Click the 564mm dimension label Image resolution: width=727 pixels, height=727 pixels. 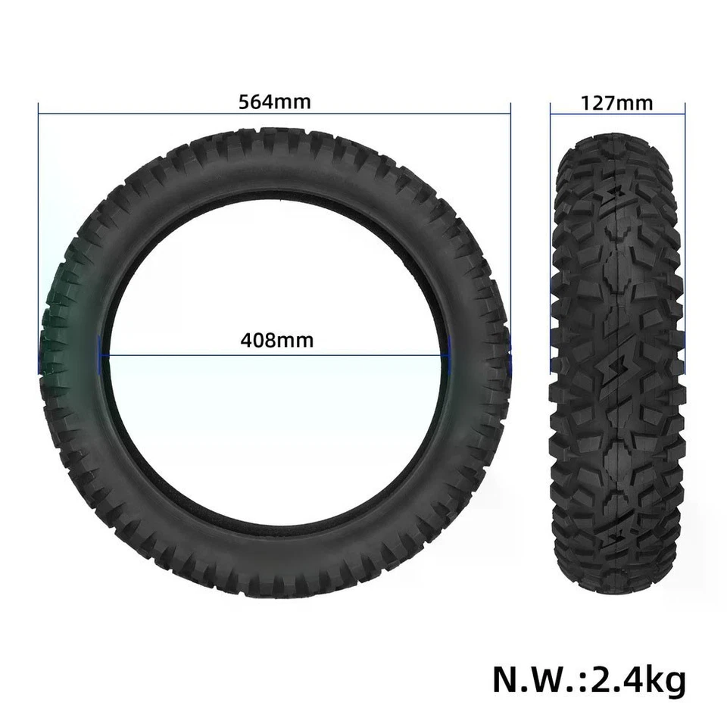click(x=275, y=101)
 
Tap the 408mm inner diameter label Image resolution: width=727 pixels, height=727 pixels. click(x=276, y=340)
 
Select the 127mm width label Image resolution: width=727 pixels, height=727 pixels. click(x=616, y=103)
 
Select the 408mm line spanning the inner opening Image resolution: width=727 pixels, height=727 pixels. click(x=189, y=356)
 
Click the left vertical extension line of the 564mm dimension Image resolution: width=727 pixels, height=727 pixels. click(x=38, y=227)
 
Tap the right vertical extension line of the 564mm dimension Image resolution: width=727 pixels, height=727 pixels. click(x=510, y=227)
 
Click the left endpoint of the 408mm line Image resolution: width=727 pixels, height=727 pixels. click(x=104, y=356)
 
